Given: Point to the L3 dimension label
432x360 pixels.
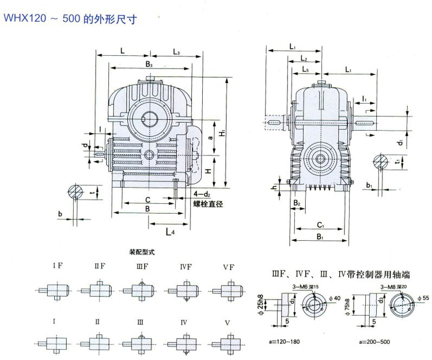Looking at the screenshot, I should pos(176,52).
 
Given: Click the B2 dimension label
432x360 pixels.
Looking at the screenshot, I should pos(297,203).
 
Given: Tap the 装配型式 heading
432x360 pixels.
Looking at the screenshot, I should pos(143,252).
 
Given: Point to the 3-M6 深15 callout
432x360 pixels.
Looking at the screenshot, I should pos(306,286).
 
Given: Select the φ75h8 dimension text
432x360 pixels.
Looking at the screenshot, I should pos(355,306).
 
